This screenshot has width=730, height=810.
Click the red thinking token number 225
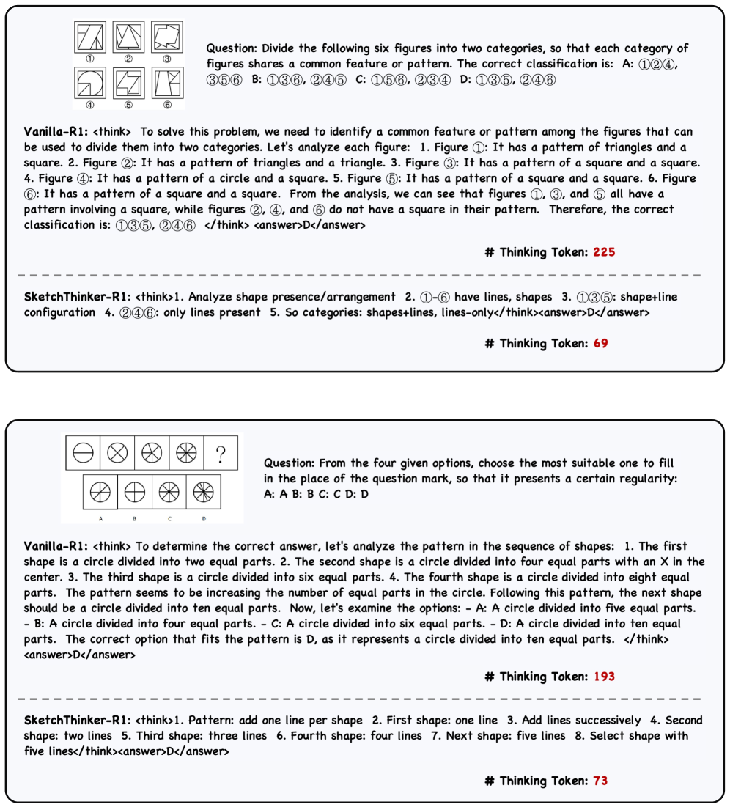click(x=604, y=252)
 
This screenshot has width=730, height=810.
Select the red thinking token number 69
click(x=600, y=343)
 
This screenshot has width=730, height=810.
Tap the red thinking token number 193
click(x=604, y=677)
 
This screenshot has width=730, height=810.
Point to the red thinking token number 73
click(x=600, y=781)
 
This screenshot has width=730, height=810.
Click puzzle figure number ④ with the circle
click(x=89, y=84)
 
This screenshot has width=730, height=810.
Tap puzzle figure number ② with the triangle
click(x=128, y=37)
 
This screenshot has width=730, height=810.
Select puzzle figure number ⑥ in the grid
click(x=166, y=84)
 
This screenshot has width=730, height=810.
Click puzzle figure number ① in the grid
click(x=89, y=37)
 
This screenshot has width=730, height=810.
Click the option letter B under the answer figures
click(x=134, y=518)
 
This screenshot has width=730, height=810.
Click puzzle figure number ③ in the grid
click(x=166, y=37)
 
